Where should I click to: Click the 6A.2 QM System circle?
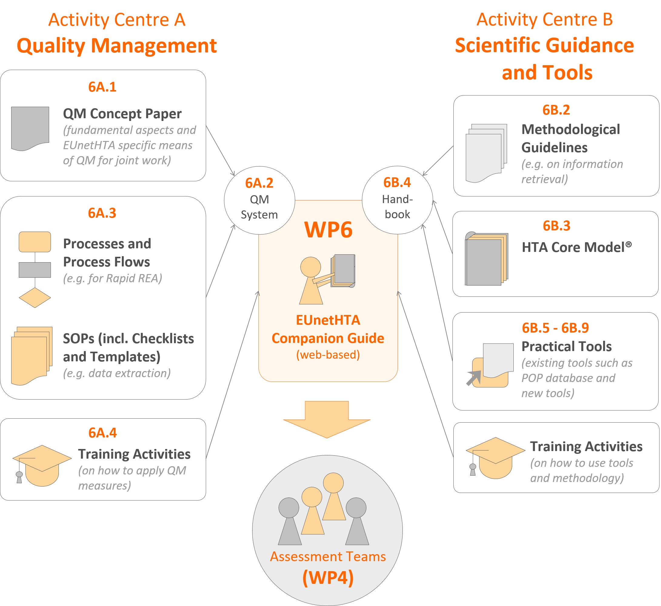point(259,200)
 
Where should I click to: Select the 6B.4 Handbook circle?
point(397,200)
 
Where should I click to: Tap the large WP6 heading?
point(328,229)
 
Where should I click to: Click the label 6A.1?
point(102,87)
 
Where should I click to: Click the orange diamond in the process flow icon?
point(35,298)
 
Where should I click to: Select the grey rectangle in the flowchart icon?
point(35,270)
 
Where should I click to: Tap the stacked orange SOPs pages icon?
point(32,356)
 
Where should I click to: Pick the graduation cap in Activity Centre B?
point(495,457)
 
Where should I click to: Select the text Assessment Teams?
point(328,557)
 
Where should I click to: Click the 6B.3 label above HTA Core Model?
point(556,226)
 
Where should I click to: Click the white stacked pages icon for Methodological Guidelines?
point(486,152)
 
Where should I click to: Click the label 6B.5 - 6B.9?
point(555,328)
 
